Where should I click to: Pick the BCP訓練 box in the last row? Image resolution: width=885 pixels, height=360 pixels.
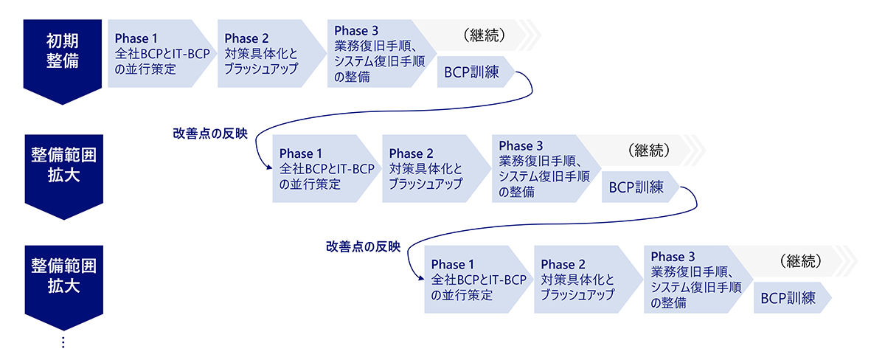789,298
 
